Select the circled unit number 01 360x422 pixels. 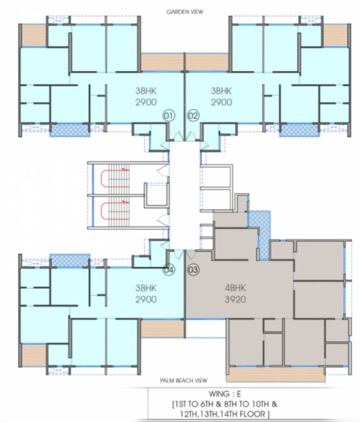tap(169, 115)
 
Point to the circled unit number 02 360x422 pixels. tap(193, 115)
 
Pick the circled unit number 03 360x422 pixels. tap(193, 270)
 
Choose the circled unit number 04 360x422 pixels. tap(169, 270)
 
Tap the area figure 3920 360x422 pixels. tap(235, 299)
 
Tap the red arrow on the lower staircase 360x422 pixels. tap(125, 202)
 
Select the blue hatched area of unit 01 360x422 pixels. tap(69, 130)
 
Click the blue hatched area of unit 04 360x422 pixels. tap(69, 260)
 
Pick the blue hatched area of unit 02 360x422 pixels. tap(299, 130)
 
